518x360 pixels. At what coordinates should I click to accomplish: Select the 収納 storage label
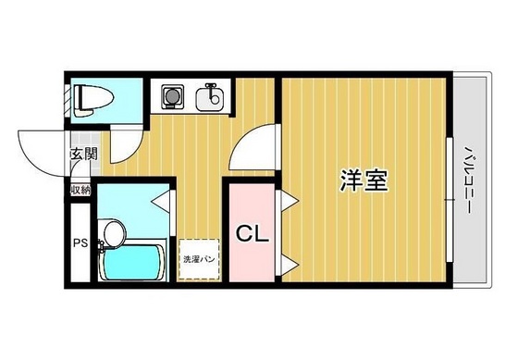coord(80,190)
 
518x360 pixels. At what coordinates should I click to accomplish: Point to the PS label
coord(80,244)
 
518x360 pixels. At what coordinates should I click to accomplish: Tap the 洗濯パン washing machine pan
coord(198,260)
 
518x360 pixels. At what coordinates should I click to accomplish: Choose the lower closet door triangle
coord(289,267)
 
